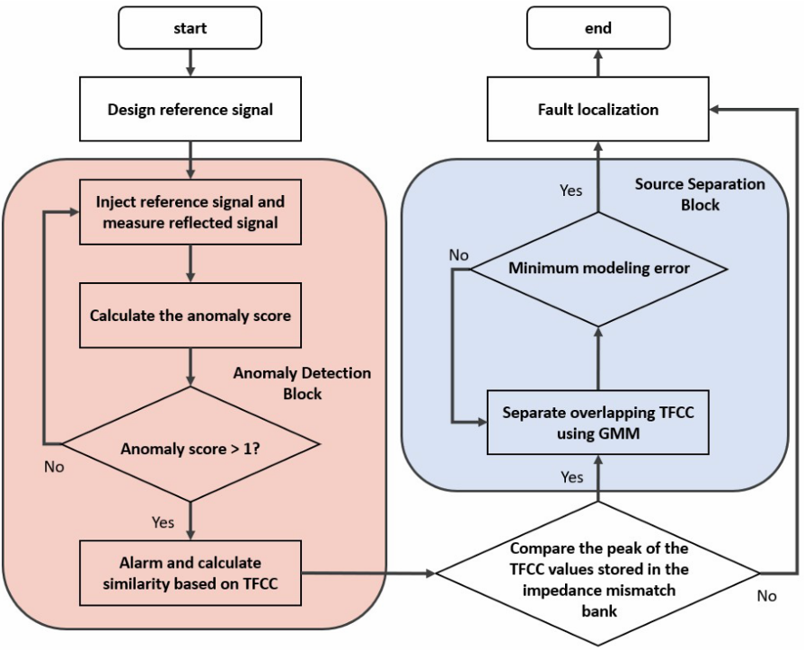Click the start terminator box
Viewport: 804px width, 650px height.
click(190, 29)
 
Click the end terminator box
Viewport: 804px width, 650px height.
click(598, 29)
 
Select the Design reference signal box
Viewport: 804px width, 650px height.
click(190, 111)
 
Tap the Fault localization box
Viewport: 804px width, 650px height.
click(598, 111)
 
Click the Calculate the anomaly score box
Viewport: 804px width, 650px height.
click(190, 316)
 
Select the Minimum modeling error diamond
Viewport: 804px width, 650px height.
click(598, 268)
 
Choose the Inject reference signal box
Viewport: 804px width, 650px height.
click(190, 212)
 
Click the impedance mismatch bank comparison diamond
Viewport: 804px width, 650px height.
click(598, 574)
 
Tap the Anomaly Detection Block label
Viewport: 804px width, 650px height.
click(302, 383)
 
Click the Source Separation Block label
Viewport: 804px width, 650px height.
click(701, 194)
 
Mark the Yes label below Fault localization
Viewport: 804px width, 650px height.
click(571, 190)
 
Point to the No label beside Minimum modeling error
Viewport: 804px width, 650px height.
click(458, 255)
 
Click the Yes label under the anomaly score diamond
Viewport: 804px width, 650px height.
click(163, 521)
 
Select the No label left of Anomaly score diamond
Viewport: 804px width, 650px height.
click(53, 467)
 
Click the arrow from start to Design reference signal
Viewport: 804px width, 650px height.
click(190, 63)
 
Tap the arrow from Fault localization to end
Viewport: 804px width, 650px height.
click(598, 63)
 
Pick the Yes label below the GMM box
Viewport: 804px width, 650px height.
click(571, 476)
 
